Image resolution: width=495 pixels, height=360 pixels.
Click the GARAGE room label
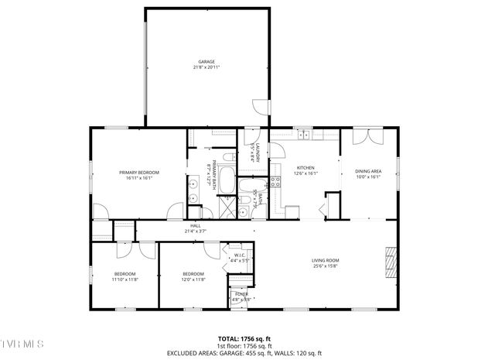click(x=206, y=61)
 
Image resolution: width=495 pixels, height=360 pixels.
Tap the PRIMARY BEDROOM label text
click(x=138, y=172)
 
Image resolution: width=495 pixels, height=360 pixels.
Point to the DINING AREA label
click(x=368, y=171)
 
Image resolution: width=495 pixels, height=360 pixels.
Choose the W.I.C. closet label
click(x=240, y=255)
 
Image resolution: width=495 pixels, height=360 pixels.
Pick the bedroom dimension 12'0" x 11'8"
click(x=193, y=279)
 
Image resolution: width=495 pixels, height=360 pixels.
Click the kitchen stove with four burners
click(x=275, y=183)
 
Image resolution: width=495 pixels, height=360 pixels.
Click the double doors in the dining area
click(x=364, y=138)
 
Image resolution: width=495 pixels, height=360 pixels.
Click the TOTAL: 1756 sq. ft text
click(x=247, y=338)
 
